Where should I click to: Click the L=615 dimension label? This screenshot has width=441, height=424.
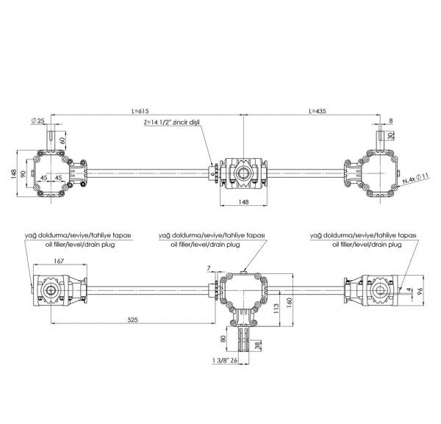coord(140,111)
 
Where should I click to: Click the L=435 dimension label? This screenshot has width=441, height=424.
coord(318,111)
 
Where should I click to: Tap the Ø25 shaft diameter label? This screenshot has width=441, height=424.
coord(38,121)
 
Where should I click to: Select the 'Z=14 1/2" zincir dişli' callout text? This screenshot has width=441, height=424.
coord(172,123)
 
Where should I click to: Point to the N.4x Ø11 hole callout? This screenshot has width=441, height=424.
coord(415,179)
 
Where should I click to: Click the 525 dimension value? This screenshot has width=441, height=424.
coord(133,320)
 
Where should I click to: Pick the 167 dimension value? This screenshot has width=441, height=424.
coord(59,261)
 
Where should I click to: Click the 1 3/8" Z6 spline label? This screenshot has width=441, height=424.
coord(225,360)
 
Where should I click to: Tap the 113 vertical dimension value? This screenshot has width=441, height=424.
coord(276,309)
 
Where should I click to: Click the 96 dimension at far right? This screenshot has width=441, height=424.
coord(420,291)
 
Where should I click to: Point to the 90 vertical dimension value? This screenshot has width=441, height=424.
coord(24,173)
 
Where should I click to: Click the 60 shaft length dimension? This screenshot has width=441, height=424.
coord(62,140)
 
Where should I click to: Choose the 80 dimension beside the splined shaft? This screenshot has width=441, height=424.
coord(223,339)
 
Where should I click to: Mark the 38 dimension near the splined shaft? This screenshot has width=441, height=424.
coord(257,345)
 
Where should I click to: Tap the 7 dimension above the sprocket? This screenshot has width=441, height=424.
coord(209,268)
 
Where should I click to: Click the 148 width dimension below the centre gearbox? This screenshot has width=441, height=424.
coord(243,202)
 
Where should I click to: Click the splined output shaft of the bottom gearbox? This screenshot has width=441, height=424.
coord(243,339)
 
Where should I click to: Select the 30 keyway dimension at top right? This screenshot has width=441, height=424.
coord(390,136)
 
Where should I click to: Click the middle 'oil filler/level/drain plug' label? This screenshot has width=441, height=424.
coord(205,245)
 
